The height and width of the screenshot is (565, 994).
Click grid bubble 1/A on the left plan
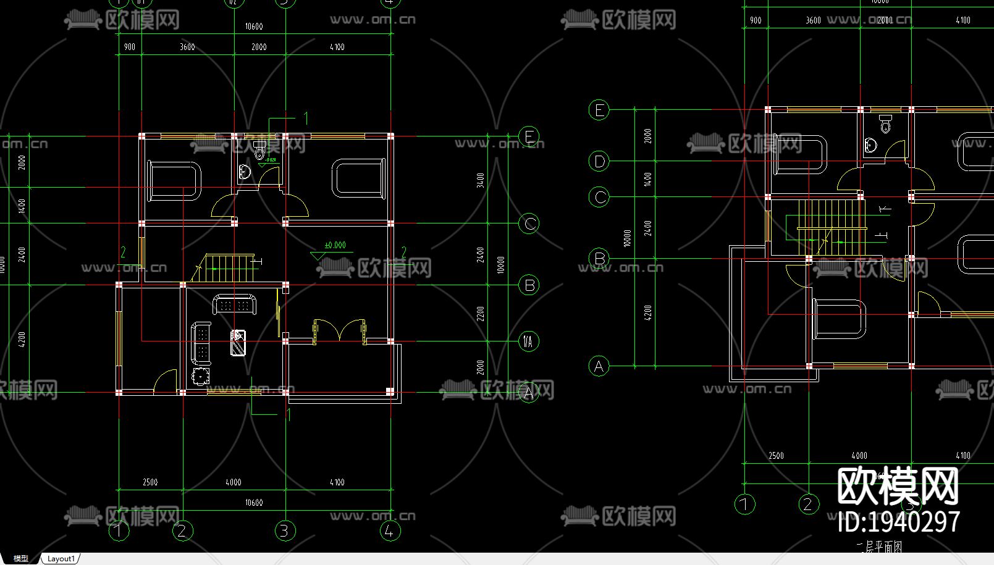coord(529,341)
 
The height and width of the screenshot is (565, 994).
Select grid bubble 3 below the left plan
coord(285,530)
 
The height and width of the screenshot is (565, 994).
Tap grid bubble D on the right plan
coord(599,162)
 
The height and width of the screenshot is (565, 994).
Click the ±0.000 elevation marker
coord(334,246)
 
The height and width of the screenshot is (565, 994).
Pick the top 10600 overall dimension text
coord(254,27)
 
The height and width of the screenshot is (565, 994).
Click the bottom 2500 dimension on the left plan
coord(150,482)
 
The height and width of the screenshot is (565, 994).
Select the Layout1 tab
coord(61,559)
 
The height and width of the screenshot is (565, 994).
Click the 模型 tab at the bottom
coord(20,559)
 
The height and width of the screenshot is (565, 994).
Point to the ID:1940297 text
coord(899,522)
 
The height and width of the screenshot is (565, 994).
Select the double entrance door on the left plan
coord(339,330)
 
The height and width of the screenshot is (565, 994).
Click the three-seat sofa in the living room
coord(235,305)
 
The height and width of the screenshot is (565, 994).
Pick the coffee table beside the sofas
coord(238,343)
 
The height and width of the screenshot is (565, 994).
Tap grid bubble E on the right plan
coord(599,111)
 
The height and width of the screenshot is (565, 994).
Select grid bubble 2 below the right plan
coord(808,504)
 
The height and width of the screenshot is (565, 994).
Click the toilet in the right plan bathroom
coord(885,125)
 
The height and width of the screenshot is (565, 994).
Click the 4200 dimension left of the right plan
coord(647,312)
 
